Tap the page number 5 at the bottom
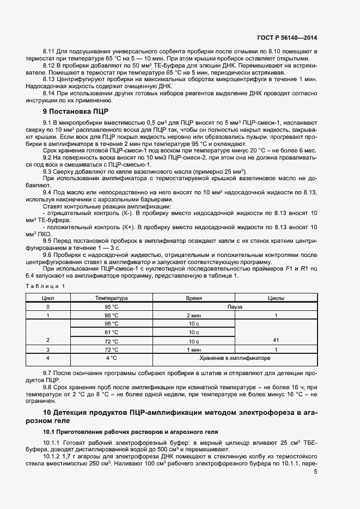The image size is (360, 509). click(x=315, y=472)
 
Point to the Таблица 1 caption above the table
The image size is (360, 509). click(x=46, y=285)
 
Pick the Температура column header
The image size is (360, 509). click(x=111, y=298)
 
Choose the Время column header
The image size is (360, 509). click(x=193, y=298)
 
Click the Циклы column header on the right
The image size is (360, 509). click(x=276, y=298)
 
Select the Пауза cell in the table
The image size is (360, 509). click(x=235, y=307)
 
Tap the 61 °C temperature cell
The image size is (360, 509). click(x=111, y=332)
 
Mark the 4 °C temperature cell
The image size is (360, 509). click(x=111, y=358)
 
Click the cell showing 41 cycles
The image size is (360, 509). click(x=276, y=340)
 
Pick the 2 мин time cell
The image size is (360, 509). click(x=193, y=315)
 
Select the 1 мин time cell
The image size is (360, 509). click(x=193, y=349)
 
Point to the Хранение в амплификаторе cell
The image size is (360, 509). click(x=235, y=358)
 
